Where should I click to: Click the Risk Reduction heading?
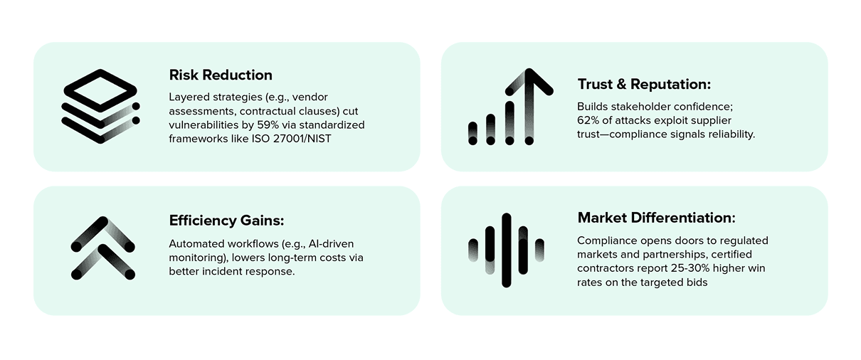pyautogui.click(x=221, y=75)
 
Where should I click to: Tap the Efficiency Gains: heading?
pyautogui.click(x=226, y=220)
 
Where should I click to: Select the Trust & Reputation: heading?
pyautogui.click(x=643, y=85)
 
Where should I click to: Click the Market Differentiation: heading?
pyautogui.click(x=656, y=218)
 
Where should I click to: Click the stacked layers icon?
pyautogui.click(x=100, y=106)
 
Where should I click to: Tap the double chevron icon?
pyautogui.click(x=102, y=247)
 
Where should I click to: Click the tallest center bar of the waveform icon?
pyautogui.click(x=506, y=250)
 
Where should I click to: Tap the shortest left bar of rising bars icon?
pyautogui.click(x=473, y=133)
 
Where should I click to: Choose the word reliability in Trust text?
pyautogui.click(x=730, y=134)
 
